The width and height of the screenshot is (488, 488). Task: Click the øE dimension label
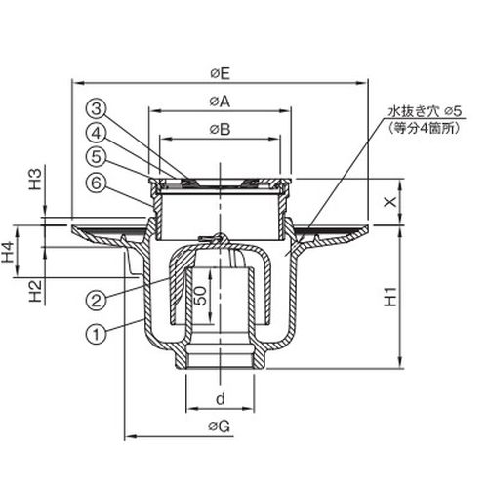coord(221,74)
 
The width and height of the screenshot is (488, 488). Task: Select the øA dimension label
coord(220,102)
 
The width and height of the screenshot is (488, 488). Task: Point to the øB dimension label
coord(221,129)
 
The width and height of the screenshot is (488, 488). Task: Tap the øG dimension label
coord(220,426)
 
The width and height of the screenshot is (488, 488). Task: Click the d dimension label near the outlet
coord(221,398)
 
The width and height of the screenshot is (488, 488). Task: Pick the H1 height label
coord(390,297)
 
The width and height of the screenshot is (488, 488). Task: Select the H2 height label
coord(36,291)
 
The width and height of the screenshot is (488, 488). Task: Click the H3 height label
coord(36,179)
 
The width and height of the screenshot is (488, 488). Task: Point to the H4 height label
coord(9,252)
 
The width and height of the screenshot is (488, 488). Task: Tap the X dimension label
coord(390,202)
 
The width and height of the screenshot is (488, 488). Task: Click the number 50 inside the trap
coord(202,296)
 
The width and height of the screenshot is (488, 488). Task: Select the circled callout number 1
coord(96,335)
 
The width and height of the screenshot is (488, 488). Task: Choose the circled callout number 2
coord(96,301)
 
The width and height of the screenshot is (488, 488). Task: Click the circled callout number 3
coord(97,109)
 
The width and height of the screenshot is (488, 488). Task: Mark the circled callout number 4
coord(97,133)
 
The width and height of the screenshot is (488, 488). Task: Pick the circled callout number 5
coord(97,157)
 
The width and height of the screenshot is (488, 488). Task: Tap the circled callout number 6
coord(97,183)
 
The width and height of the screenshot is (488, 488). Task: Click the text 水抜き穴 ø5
coord(424,112)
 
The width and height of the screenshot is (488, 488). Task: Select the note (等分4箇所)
coord(424,129)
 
